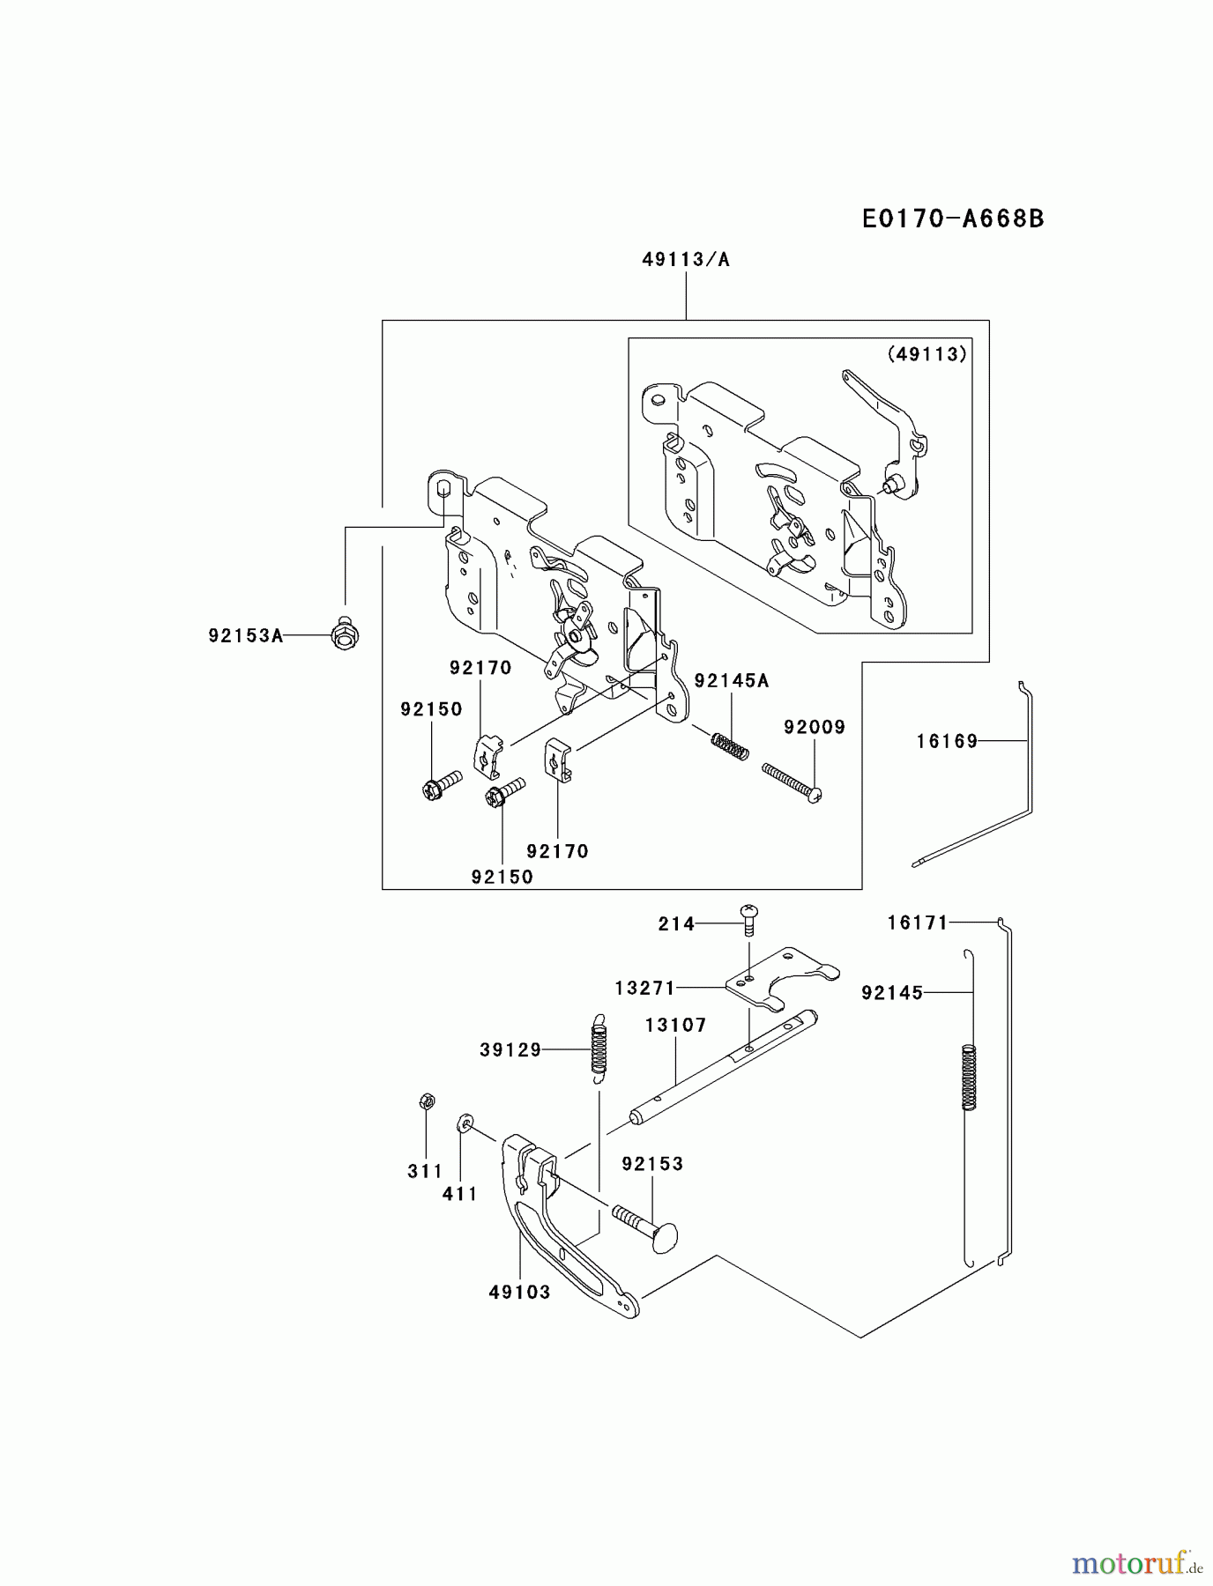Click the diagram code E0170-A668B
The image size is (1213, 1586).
953,219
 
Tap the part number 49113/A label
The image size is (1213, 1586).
686,260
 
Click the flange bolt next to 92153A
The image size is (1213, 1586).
345,632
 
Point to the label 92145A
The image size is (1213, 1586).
731,680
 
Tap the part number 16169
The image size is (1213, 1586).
947,741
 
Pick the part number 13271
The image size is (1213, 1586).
644,988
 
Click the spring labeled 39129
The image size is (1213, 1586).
599,1046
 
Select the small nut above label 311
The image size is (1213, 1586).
424,1101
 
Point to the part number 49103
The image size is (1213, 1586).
519,1292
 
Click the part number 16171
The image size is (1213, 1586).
918,923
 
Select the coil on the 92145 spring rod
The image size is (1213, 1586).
969,1077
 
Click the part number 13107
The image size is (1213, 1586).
675,1025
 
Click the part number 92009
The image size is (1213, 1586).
815,727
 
